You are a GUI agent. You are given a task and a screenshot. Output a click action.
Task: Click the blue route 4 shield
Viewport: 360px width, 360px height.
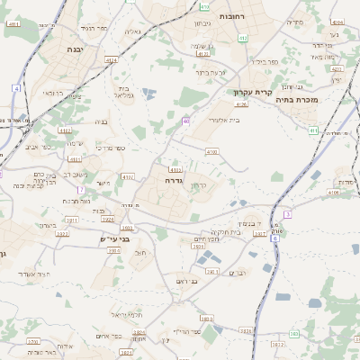click(x=17, y=88)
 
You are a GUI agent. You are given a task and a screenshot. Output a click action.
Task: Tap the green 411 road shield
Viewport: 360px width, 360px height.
click(x=313, y=130)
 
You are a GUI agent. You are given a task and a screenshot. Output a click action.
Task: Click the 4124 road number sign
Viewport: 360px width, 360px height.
click(x=112, y=60)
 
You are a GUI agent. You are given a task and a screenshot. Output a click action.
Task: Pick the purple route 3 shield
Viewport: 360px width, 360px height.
click(x=287, y=214)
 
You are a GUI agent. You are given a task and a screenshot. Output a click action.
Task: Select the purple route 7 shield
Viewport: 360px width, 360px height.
click(x=80, y=190)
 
